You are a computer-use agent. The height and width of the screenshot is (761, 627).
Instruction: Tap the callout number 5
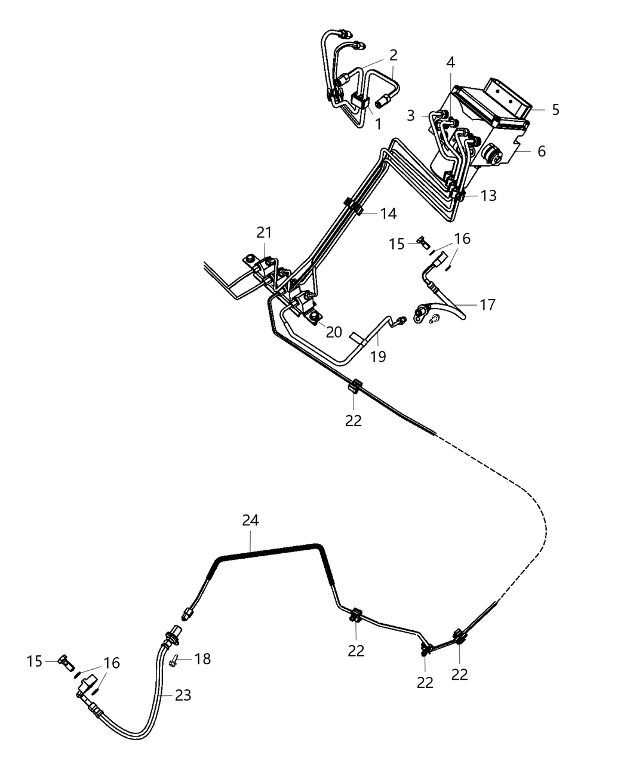(x=555, y=110)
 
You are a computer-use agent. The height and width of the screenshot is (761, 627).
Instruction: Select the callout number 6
(x=541, y=151)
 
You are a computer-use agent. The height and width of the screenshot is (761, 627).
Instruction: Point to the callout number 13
(x=488, y=196)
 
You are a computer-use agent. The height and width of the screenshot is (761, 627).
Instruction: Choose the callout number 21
(x=263, y=232)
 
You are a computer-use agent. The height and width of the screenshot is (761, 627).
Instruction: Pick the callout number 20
(x=334, y=332)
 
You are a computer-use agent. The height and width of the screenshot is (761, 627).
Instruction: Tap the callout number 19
(x=377, y=356)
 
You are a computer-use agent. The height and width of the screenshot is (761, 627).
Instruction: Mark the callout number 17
(x=487, y=305)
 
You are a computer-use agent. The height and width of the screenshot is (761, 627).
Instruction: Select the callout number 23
(x=183, y=695)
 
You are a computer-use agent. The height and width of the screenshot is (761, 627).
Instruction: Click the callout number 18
(x=202, y=659)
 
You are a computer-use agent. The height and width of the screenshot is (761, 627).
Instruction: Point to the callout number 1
(x=377, y=124)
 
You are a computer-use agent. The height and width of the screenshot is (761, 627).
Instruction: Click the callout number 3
(x=410, y=115)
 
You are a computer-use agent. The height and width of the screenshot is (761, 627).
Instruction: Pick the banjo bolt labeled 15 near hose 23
(x=64, y=661)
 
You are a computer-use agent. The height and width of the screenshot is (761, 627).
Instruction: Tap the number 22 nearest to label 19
(x=354, y=420)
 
